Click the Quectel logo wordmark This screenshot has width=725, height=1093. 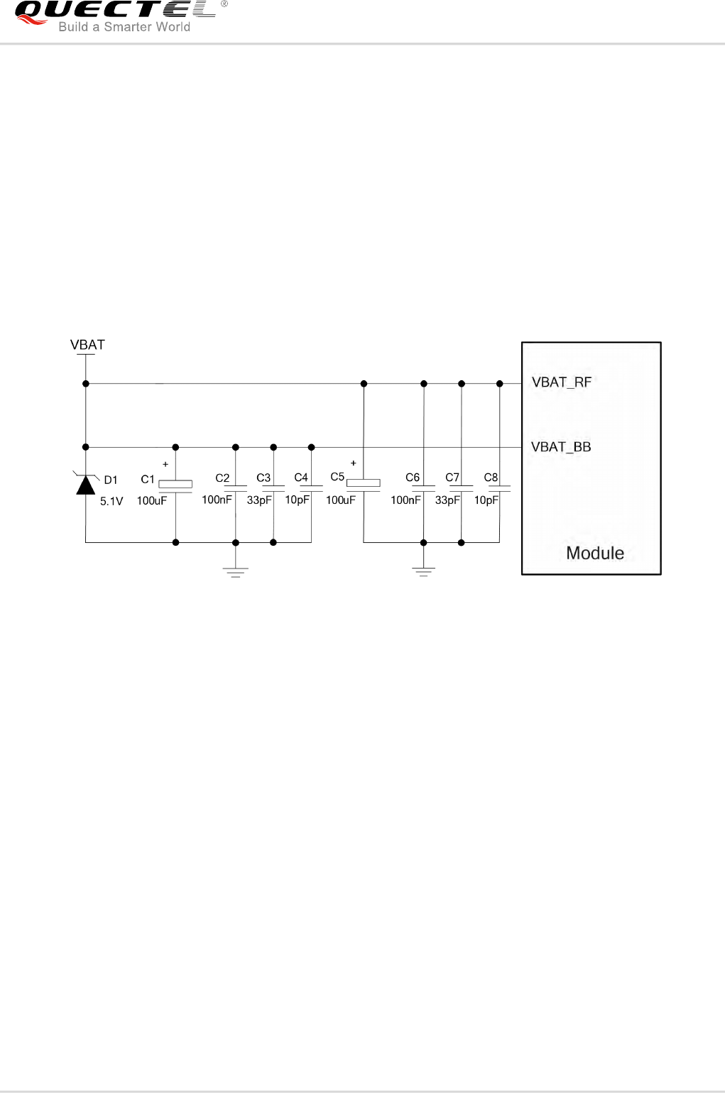coord(114,10)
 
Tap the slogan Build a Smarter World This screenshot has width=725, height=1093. coord(124,27)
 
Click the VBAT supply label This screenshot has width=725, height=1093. coord(87,345)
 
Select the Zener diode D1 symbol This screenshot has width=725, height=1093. coord(86,485)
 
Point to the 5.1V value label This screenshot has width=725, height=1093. coord(111,501)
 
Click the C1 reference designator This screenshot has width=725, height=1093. coord(148,480)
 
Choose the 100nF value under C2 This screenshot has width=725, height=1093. coord(217,500)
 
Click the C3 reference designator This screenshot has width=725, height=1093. coord(263,478)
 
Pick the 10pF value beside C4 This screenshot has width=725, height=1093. coord(297,500)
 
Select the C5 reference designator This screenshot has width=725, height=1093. coord(337,477)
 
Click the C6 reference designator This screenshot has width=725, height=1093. coord(413,478)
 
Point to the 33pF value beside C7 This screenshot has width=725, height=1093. coord(447,500)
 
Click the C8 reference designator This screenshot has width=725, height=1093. coord(491,478)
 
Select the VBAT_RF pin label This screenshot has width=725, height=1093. coord(562,382)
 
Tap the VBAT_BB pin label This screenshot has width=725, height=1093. coord(561,447)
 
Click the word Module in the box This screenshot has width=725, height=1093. coord(595,553)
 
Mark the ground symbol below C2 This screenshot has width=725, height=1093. coord(236,571)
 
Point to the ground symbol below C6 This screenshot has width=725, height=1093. coord(424,571)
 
